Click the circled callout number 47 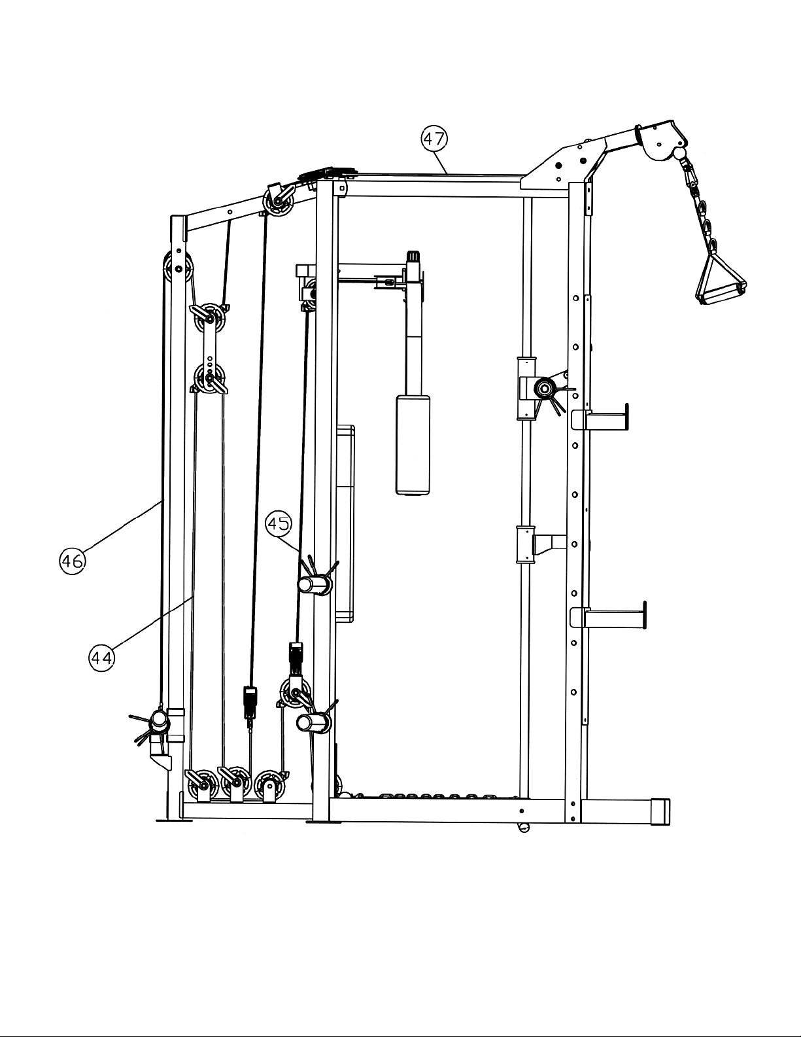[x=434, y=139]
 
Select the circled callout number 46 [x=73, y=561]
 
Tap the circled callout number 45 [x=279, y=524]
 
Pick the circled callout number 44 [x=101, y=659]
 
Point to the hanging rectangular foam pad [x=413, y=445]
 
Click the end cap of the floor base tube [x=660, y=811]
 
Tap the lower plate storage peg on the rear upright [x=609, y=618]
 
